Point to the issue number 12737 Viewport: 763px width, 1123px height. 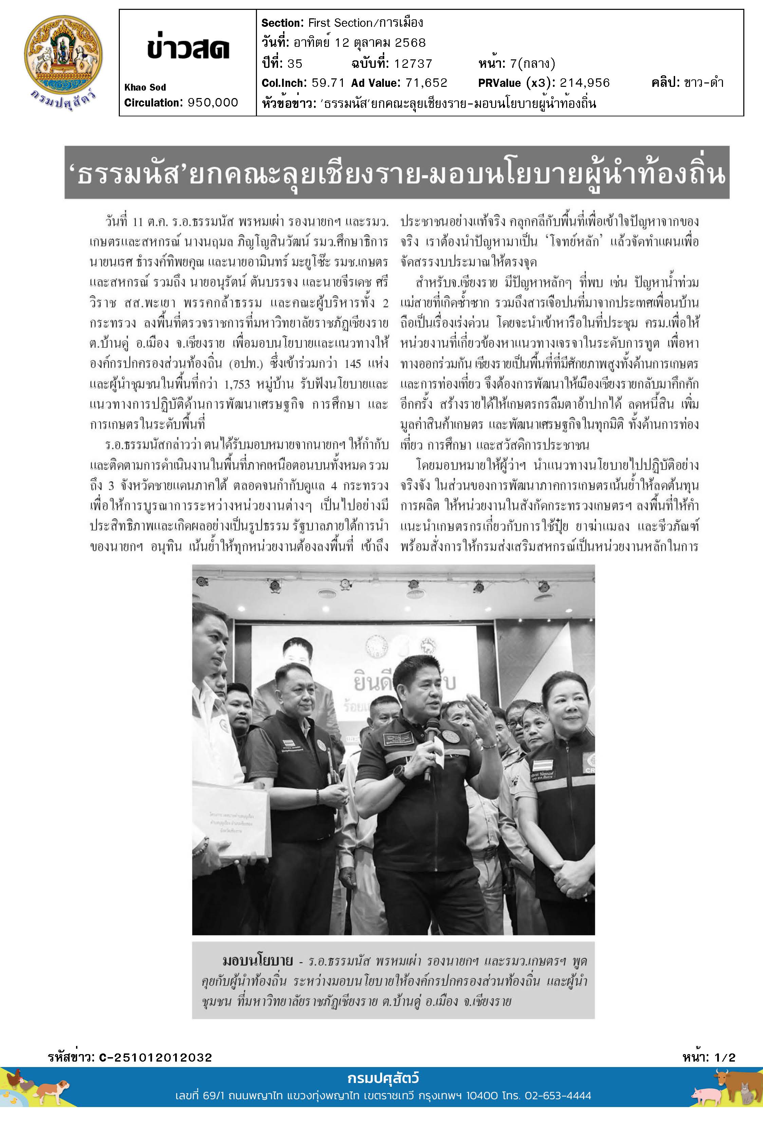(412, 64)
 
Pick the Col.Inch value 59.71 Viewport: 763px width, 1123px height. (328, 83)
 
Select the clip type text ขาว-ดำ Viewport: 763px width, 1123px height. (704, 83)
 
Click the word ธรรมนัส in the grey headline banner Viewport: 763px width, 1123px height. (125, 174)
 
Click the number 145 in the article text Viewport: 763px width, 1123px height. (356, 364)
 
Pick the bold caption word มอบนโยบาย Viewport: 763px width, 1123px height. (258, 960)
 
